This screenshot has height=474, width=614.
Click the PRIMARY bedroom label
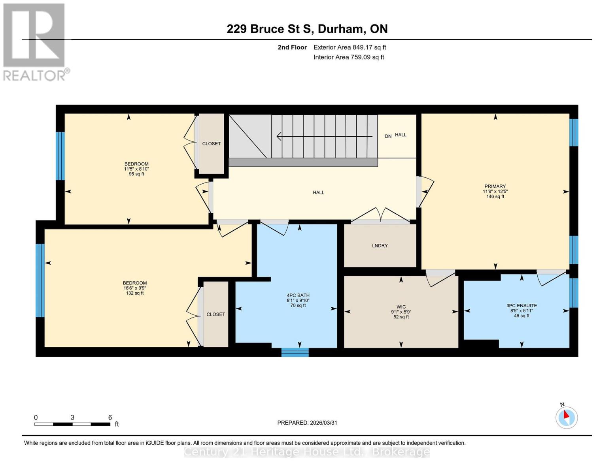tap(495, 186)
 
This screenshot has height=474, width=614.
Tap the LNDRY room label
tap(380, 246)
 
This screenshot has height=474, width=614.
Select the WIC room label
tap(401, 307)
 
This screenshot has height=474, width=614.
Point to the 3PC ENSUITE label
tap(521, 306)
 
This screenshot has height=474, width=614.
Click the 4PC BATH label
tap(298, 295)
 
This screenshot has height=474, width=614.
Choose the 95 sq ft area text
tap(136, 174)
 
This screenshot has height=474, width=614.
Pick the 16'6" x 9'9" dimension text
tap(135, 288)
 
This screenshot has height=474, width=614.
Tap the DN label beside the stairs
tap(388, 136)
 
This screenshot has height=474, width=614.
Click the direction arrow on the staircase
tap(324, 136)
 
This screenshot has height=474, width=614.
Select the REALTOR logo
tap(34, 41)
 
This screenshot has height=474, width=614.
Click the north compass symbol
tap(567, 417)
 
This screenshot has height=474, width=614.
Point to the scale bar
tap(72, 424)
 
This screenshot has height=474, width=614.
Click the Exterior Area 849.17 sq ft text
tap(350, 47)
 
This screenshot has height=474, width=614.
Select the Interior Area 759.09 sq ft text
tap(349, 57)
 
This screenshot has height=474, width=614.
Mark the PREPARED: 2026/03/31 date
tap(307, 423)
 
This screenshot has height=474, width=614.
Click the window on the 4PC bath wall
tap(295, 352)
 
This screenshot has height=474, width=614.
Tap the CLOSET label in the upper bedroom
tap(211, 144)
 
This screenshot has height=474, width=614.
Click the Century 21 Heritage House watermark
tap(307, 451)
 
